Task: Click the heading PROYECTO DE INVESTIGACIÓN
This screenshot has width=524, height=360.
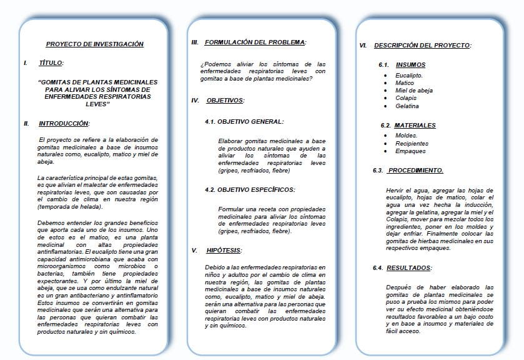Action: pos(94,44)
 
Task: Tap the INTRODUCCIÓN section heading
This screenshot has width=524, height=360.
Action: pos(64,124)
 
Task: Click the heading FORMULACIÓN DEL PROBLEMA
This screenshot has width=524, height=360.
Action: pos(255,42)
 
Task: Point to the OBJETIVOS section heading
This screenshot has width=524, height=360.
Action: pos(225,100)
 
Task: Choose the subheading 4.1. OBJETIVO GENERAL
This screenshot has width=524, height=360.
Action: pos(244,121)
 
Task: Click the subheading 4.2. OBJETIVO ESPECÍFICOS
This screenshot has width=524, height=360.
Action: pos(250,189)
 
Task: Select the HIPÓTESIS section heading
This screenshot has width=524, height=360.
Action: pos(224,251)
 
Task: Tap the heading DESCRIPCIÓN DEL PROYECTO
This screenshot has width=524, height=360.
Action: pos(422,46)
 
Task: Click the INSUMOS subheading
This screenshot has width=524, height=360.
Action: pos(411,64)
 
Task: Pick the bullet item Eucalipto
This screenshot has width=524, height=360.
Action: pos(408,76)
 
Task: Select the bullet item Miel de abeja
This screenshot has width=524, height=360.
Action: pos(413,91)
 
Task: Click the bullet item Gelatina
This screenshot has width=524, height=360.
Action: pos(407,106)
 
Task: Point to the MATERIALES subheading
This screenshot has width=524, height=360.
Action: pos(415,125)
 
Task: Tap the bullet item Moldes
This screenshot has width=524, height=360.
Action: pos(406,136)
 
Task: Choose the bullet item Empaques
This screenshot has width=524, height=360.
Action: pos(410,151)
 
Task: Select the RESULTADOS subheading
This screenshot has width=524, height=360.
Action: pos(409,267)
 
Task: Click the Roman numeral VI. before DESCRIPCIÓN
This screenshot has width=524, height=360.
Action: pos(363,46)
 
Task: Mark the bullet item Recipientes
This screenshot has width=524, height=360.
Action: pos(412,143)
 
